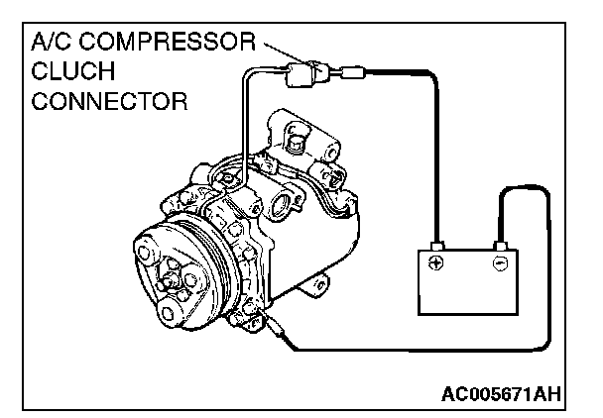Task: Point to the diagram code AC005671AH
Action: tap(501, 395)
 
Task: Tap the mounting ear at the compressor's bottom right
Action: tap(318, 286)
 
